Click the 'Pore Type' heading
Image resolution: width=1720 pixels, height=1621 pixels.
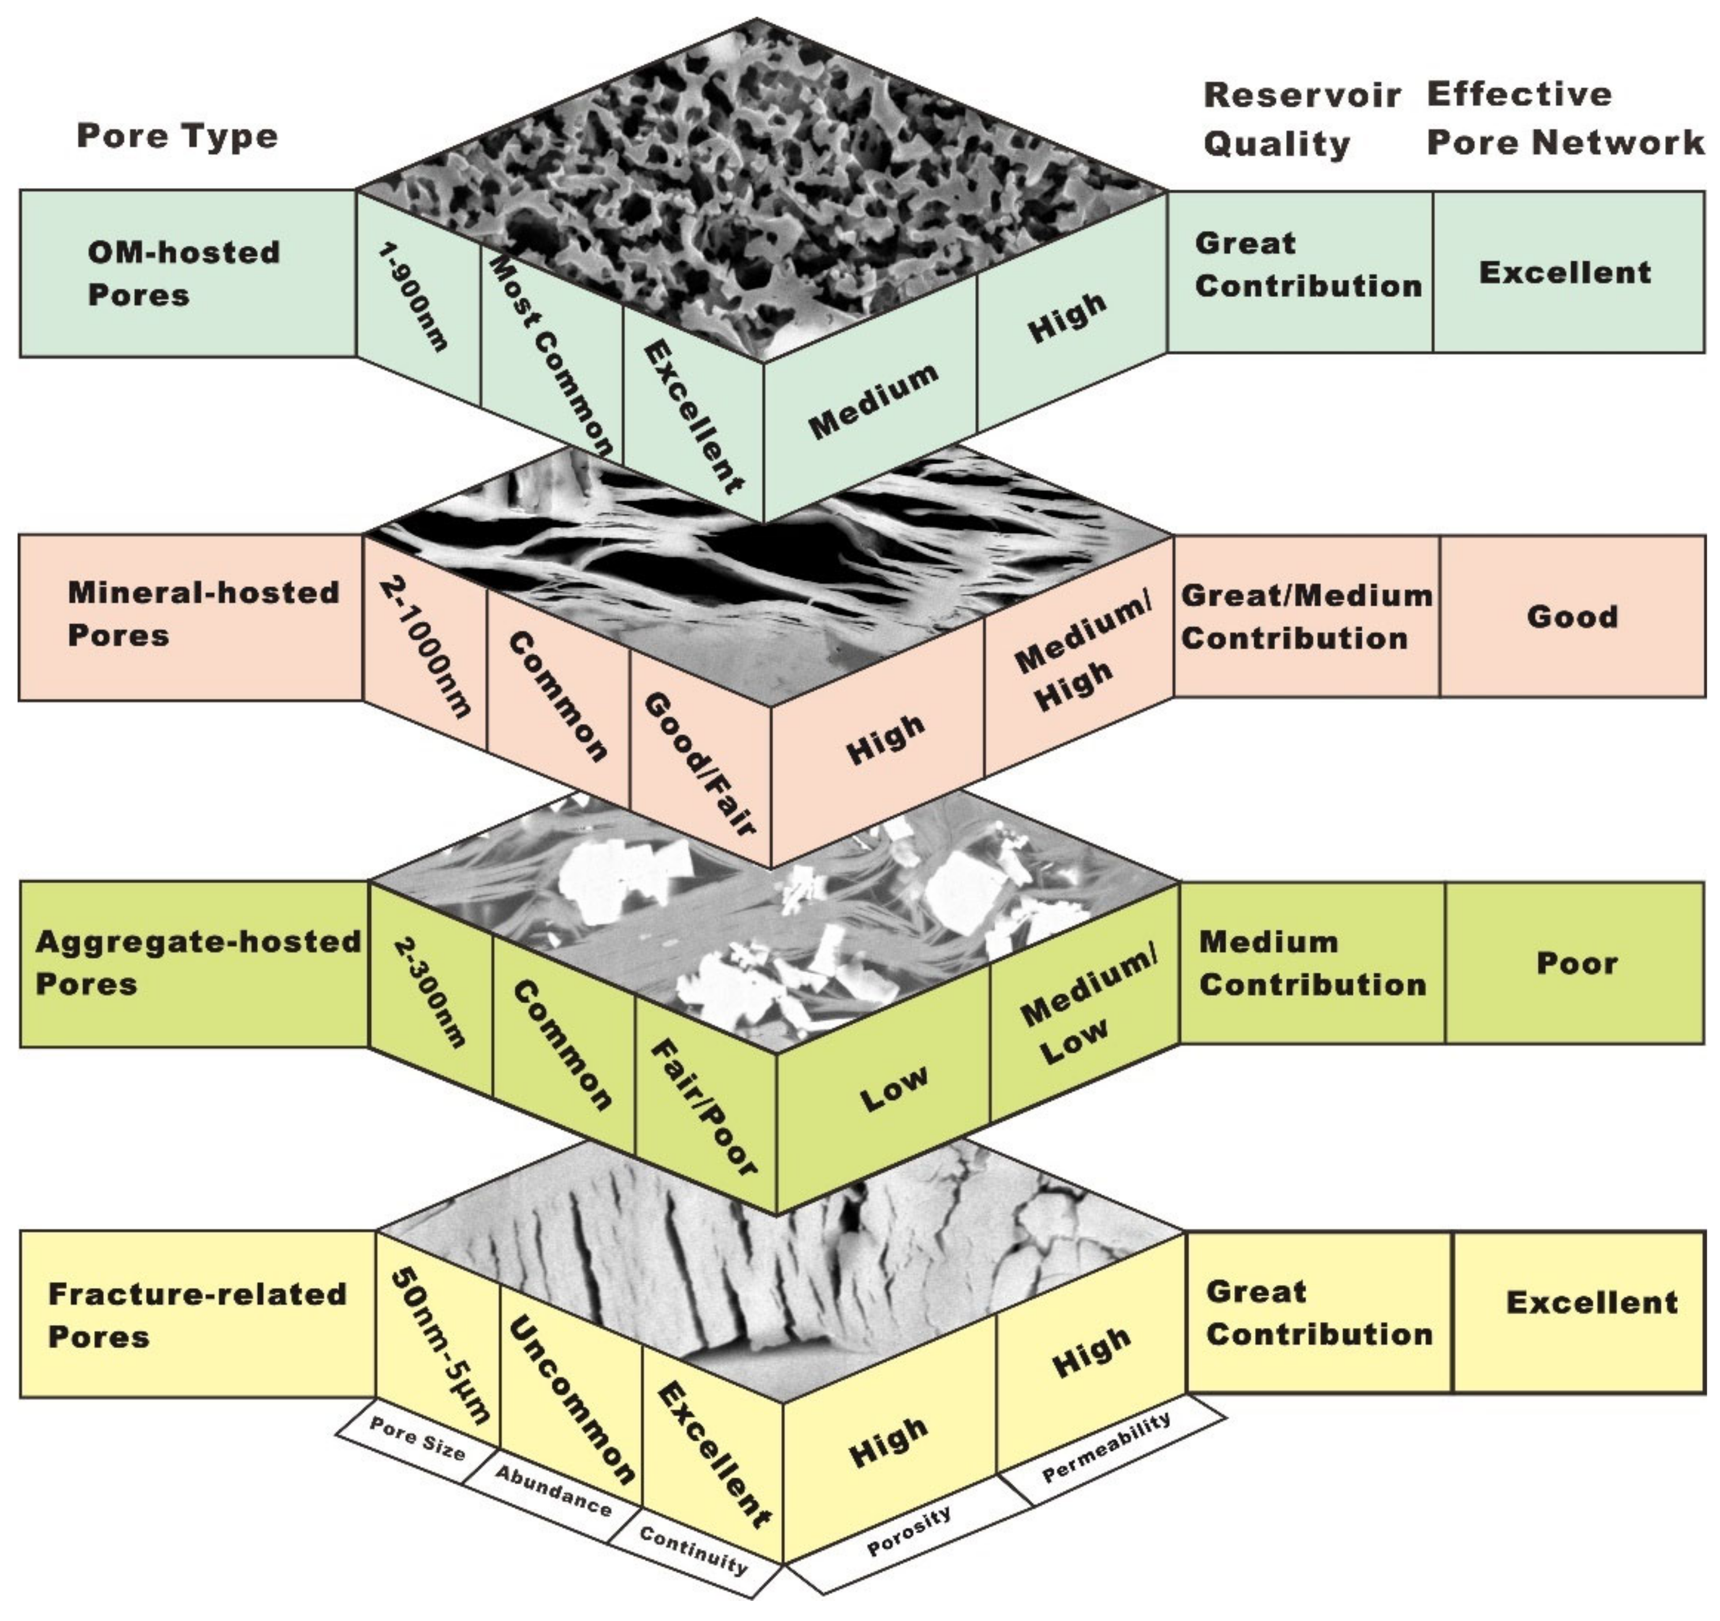click(177, 136)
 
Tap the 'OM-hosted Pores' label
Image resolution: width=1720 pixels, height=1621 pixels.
click(183, 273)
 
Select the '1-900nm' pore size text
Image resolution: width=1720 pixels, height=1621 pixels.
click(414, 297)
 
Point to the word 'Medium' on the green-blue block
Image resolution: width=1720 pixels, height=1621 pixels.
click(873, 400)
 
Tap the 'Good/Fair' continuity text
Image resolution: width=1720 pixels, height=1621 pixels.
click(700, 764)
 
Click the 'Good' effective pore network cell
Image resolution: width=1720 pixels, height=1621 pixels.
click(1572, 616)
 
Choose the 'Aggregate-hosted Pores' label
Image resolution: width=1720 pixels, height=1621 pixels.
click(197, 963)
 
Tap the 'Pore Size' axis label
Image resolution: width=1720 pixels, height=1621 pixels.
click(417, 1439)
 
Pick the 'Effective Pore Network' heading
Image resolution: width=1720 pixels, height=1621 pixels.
click(1564, 118)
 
